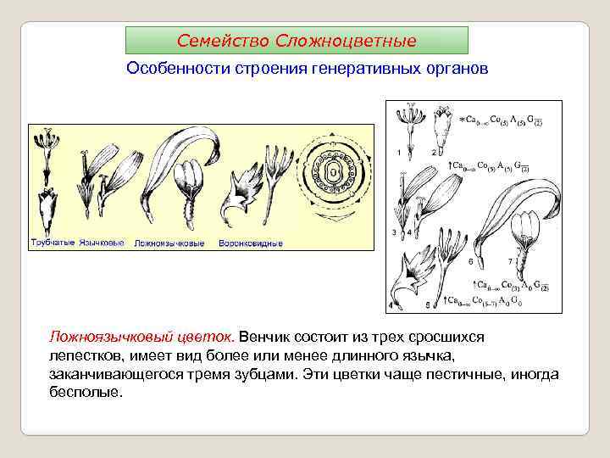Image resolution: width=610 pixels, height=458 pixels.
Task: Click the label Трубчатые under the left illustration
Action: coord(52,243)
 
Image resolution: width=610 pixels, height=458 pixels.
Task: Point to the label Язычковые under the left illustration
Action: coord(102,243)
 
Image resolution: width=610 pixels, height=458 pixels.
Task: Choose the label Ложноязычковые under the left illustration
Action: coord(169,243)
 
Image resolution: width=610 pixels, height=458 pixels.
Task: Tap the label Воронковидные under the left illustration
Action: coord(250,243)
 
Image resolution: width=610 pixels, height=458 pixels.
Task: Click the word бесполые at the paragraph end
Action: coord(86,393)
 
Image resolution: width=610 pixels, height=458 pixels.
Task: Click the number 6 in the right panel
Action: coord(471,261)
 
